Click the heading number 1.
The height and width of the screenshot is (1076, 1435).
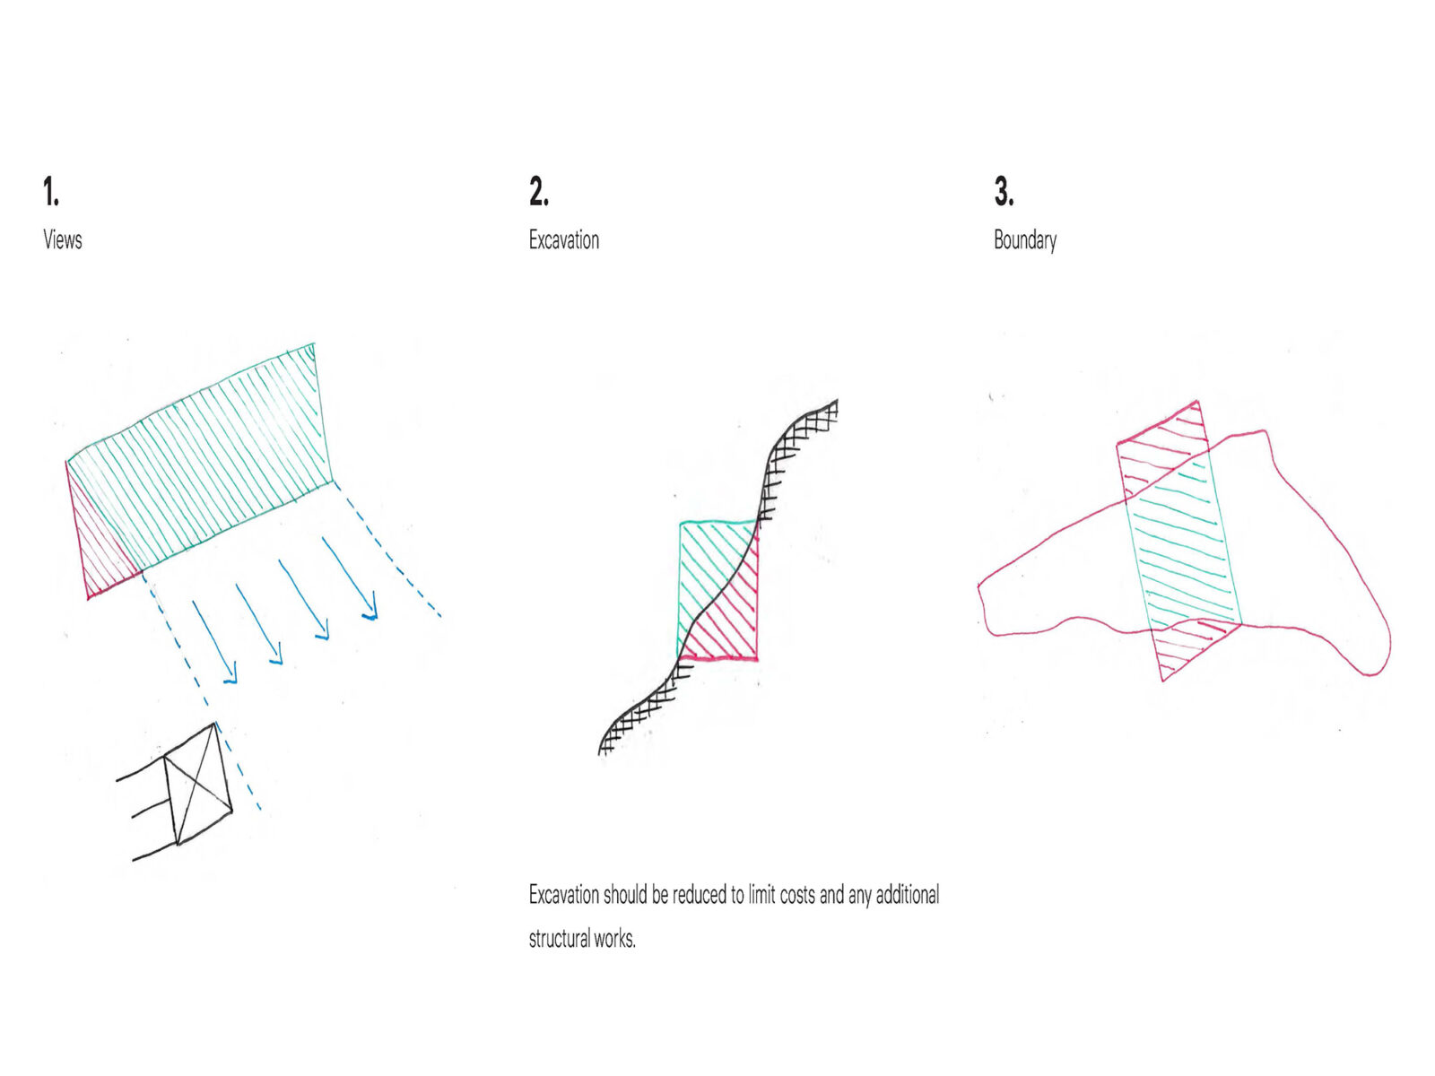[x=51, y=191]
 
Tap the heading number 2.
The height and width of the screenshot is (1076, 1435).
[x=539, y=191]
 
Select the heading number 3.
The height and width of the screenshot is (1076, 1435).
[x=1004, y=191]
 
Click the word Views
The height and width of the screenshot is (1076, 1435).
[x=63, y=239]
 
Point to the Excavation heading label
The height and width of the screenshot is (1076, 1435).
[x=563, y=239]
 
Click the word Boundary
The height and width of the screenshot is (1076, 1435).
[x=1024, y=240]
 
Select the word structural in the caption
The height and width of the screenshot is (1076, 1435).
[x=559, y=939]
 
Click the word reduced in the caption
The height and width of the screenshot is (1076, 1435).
[x=700, y=894]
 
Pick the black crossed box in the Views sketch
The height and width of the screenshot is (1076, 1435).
[x=196, y=784]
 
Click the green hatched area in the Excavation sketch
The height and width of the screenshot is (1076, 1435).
[x=706, y=568]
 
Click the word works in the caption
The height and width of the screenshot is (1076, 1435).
[x=614, y=939]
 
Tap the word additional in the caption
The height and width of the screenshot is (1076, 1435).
[x=908, y=894]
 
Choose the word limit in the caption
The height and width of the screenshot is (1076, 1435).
[x=761, y=894]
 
